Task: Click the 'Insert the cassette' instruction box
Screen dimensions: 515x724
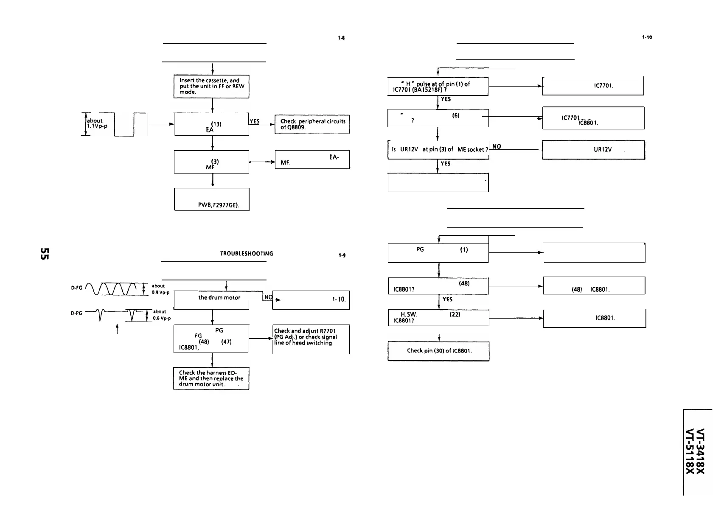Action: pos(211,86)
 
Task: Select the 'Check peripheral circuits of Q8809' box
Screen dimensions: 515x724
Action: pos(312,124)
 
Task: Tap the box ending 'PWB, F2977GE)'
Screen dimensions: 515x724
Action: pos(211,199)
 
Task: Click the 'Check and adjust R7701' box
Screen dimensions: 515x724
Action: pos(311,339)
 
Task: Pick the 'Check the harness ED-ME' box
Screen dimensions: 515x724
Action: pos(211,378)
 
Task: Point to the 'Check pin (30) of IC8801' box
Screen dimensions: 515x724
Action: pos(438,351)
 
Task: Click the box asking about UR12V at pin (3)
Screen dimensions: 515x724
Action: pos(438,149)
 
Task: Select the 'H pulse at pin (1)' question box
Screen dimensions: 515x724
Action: pos(438,87)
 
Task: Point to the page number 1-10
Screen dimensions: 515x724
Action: pos(647,37)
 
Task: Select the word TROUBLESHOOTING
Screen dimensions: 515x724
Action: pos(246,254)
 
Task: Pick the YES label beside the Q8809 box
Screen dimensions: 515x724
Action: pos(255,121)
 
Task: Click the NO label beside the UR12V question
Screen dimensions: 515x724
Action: pos(496,146)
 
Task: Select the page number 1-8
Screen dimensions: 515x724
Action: pos(341,37)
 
